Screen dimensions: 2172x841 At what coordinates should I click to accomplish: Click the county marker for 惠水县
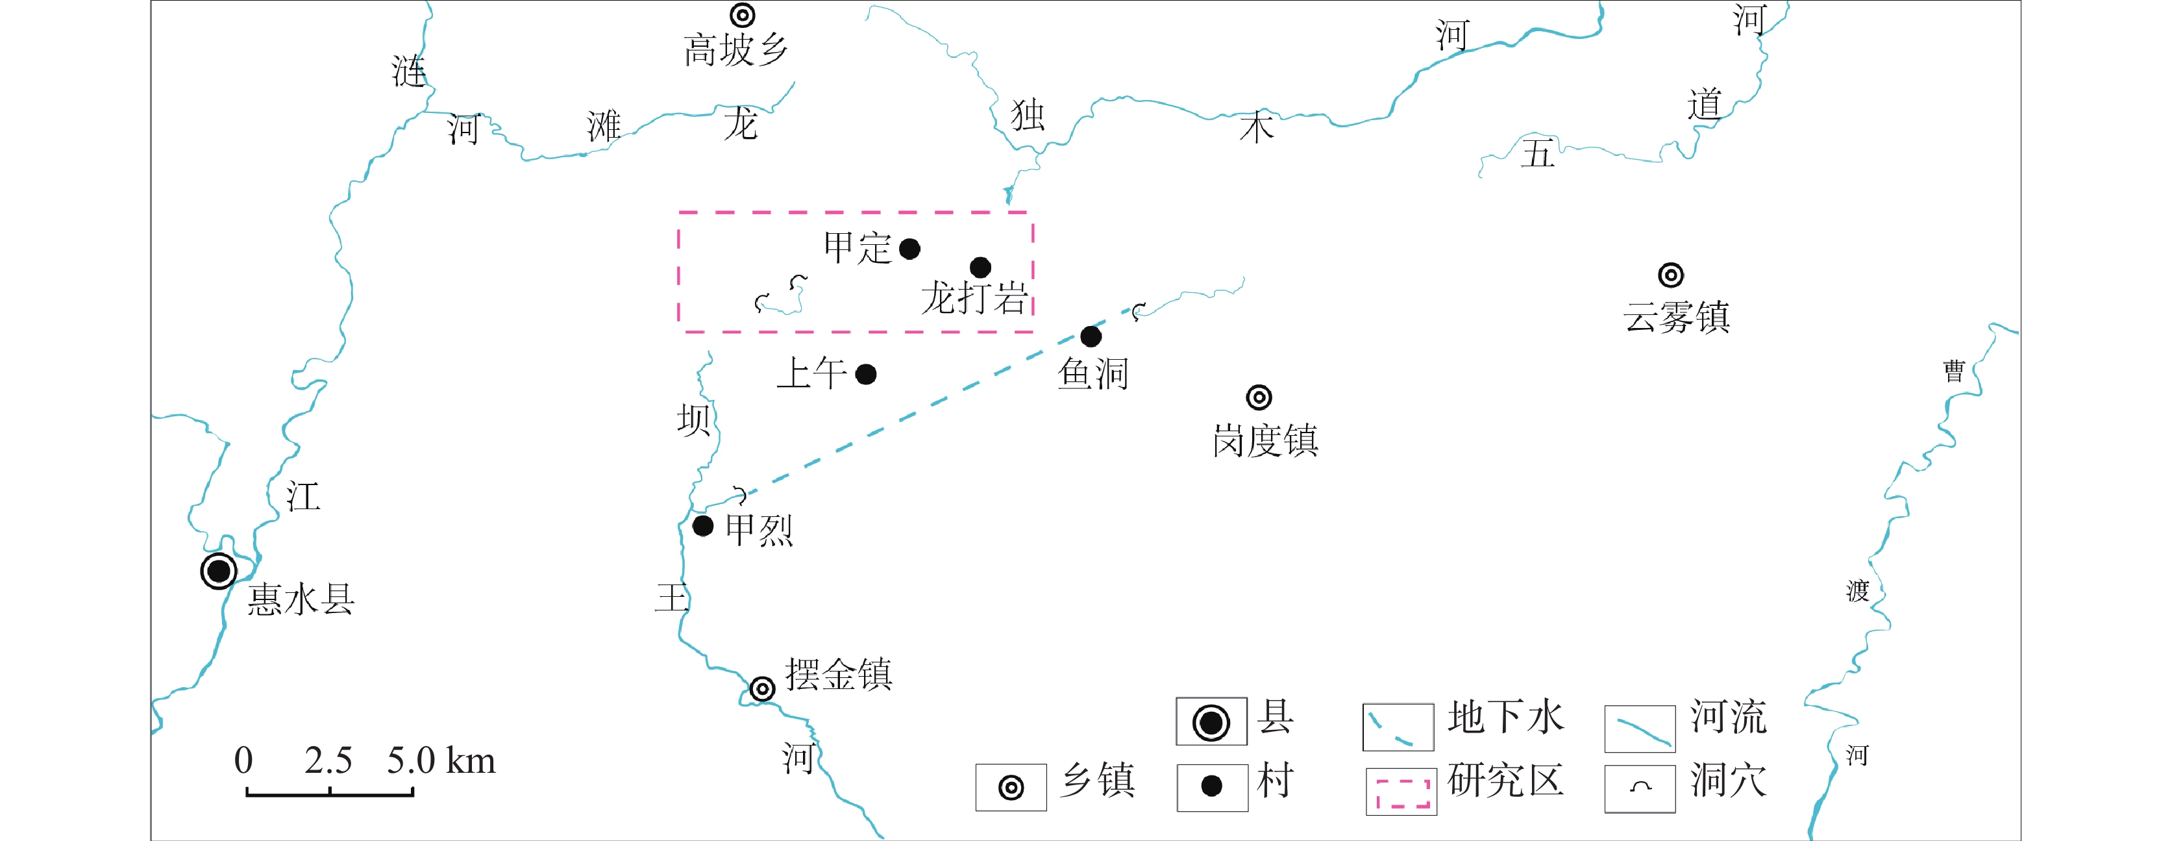click(218, 571)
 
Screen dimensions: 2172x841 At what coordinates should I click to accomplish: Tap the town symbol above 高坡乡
click(742, 15)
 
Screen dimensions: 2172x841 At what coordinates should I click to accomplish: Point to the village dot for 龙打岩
click(980, 268)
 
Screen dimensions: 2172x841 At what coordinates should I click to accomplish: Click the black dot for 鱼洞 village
click(1091, 336)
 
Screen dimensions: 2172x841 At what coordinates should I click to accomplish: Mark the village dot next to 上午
click(866, 375)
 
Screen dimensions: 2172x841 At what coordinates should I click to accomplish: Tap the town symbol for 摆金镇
click(762, 689)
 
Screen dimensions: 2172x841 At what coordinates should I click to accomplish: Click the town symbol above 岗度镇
click(1259, 397)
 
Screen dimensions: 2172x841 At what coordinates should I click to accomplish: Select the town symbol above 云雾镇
click(1671, 275)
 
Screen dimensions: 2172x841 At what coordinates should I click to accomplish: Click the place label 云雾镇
click(1677, 318)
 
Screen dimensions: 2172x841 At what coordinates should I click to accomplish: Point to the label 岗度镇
click(1266, 440)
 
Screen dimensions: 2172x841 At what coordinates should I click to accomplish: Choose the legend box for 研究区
click(1401, 792)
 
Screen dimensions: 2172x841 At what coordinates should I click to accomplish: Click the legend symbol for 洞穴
click(1640, 788)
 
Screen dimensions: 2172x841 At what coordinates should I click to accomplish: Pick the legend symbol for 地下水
click(1398, 727)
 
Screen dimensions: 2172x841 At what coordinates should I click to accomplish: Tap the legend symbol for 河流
click(1640, 729)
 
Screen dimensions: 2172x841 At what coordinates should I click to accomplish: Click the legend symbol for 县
click(1212, 722)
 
